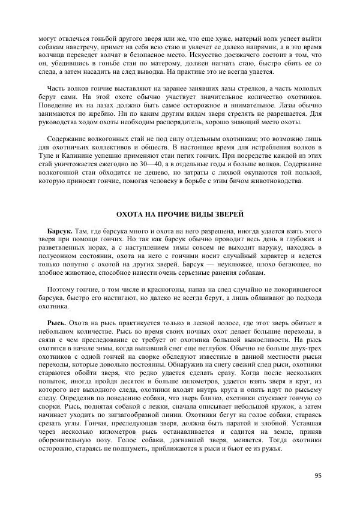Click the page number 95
point(318,476)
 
